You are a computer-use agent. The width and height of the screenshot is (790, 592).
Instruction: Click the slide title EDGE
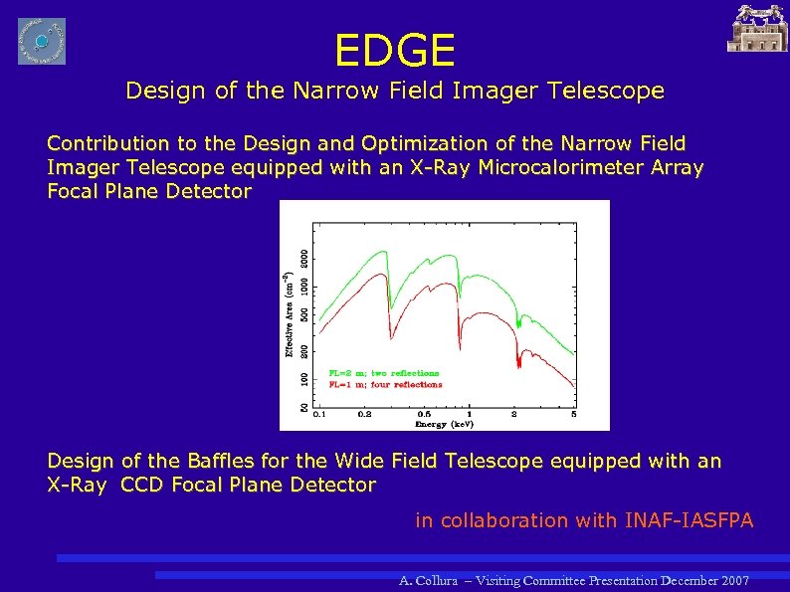tap(395, 49)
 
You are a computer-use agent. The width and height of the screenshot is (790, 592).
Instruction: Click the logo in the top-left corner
tap(41, 41)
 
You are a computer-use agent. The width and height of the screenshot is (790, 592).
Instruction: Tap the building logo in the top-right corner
tap(758, 28)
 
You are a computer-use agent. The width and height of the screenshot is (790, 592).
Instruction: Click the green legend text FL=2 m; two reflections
tap(383, 373)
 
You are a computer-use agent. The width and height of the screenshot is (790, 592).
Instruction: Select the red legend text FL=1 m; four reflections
tap(385, 384)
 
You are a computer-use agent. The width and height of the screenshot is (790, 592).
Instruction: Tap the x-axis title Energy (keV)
tap(444, 424)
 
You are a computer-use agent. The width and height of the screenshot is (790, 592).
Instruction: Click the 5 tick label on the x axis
tap(574, 413)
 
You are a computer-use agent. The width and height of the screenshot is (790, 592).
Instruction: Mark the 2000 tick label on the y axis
tap(304, 257)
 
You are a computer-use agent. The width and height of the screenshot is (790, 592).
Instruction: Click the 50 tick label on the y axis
tap(304, 407)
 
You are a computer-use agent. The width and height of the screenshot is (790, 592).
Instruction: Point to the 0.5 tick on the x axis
tap(425, 413)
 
